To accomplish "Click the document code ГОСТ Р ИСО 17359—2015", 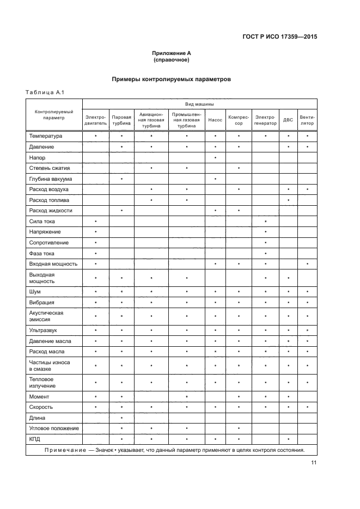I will pos(279,37).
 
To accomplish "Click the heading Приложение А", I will pos(172,53).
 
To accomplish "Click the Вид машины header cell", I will pos(199,103).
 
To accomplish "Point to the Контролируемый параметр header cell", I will pos(54,114).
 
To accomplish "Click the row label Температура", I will pos(46,136).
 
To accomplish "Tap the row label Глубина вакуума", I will pos(51,179).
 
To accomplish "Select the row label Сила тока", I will pos(42,222).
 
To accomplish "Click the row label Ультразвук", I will pos(44,330).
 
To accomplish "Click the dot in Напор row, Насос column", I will pos(216,158).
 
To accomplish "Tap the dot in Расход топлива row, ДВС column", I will pos(288,200).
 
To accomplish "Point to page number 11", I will pos(314,463).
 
